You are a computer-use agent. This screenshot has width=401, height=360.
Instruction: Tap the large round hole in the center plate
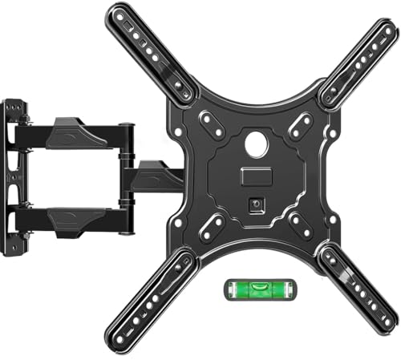point(258,148)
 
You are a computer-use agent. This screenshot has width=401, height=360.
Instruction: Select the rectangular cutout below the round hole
point(254,176)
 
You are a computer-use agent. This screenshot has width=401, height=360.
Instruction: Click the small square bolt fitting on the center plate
point(257,204)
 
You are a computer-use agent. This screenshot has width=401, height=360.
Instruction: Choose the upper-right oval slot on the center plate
point(302,123)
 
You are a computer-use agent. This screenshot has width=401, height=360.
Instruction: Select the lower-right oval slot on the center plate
point(301,224)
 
